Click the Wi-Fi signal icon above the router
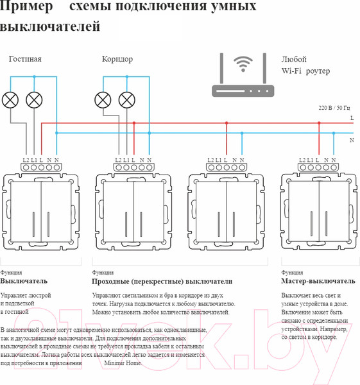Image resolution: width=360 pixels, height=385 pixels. coord(243,64)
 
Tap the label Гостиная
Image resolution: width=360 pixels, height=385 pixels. coord(25,59)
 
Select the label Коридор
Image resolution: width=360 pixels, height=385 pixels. coord(117,59)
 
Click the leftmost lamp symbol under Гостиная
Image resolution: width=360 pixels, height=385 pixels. coord(10,100)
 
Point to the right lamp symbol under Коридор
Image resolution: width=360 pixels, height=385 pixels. coord(126,100)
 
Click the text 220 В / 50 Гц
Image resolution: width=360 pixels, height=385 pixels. coord(334,108)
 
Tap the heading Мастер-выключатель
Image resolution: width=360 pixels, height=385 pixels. coord(318,281)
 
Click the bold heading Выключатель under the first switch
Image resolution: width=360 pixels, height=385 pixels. coord(24,281)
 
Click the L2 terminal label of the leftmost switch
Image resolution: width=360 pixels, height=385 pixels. coord(26,160)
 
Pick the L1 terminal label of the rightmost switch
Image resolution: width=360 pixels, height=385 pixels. coord(310,160)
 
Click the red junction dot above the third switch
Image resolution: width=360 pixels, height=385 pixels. coord(227,123)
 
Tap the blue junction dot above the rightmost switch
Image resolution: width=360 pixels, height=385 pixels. coord(334,133)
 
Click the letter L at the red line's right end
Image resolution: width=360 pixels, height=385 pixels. coord(352,118)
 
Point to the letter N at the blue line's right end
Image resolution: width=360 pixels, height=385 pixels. coord(352,140)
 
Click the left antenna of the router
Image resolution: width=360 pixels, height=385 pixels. coord(221,68)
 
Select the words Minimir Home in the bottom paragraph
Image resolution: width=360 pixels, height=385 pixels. coord(123,363)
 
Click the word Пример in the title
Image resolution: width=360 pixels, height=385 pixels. coord(26,6)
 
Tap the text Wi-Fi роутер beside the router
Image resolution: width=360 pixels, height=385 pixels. coord(305,71)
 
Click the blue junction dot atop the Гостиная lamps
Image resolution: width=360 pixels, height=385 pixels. coord(34,76)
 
